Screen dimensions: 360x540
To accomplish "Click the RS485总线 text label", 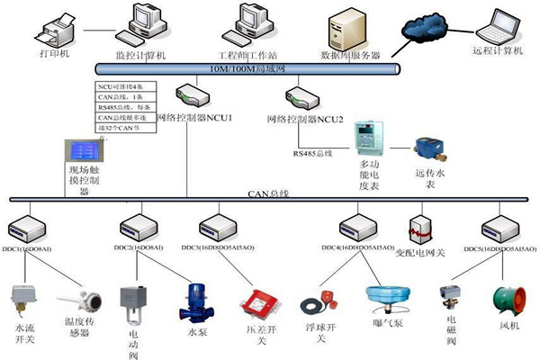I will coord(312,155).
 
